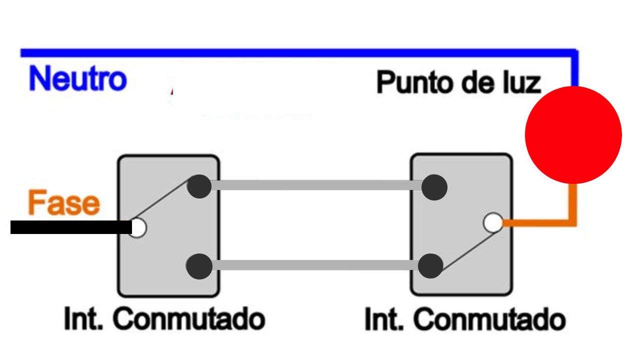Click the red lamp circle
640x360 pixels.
573,135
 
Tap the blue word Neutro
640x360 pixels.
77,79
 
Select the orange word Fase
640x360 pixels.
64,203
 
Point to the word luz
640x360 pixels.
522,82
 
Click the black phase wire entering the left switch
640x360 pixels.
70,227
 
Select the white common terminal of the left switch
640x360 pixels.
137,228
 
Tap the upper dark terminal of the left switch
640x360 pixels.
199,186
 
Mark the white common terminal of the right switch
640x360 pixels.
493,223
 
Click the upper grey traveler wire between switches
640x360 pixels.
315,185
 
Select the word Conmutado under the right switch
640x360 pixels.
492,319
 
